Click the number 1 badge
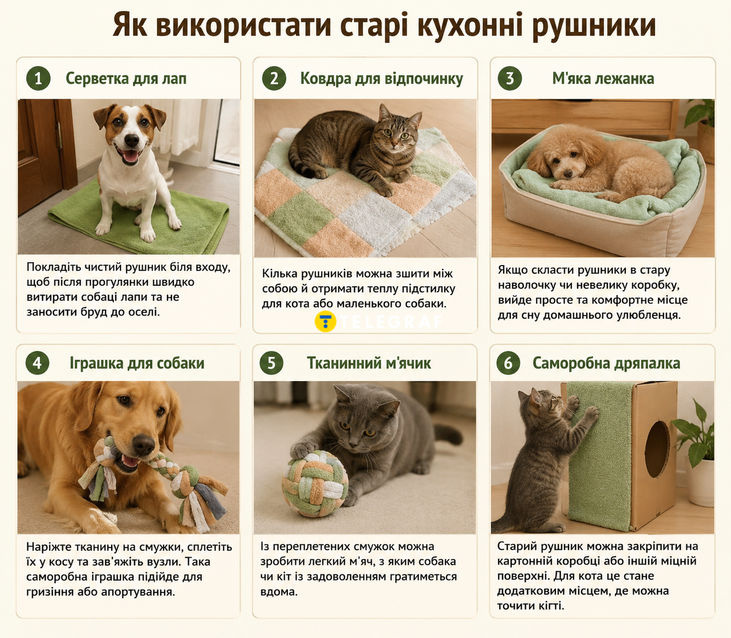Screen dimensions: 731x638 [x=38, y=79]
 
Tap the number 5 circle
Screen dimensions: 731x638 [x=271, y=363]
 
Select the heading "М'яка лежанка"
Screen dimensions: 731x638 [x=603, y=79]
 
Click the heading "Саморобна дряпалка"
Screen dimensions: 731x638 [x=606, y=363]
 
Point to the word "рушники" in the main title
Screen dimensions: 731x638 [x=594, y=26]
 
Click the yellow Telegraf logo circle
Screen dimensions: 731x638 [x=325, y=321]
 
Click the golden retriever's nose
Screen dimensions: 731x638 [x=143, y=444]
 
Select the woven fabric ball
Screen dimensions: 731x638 [x=315, y=484]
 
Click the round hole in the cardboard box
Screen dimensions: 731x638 [x=657, y=449]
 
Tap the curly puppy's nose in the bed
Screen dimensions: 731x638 [x=566, y=174]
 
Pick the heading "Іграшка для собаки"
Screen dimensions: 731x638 [x=137, y=363]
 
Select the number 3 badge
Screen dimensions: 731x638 [x=510, y=79]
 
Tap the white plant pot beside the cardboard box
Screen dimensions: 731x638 [x=700, y=483]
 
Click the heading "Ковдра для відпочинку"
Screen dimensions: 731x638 [x=382, y=79]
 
